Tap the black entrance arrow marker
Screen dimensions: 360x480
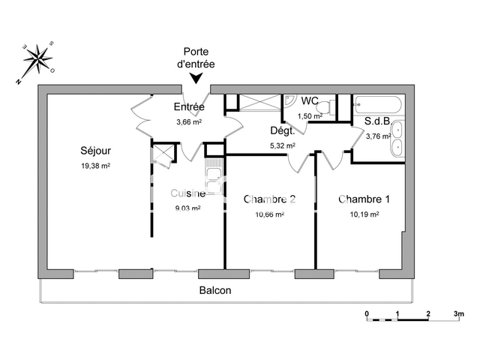coord(196,78)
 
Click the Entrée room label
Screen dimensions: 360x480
coord(189,106)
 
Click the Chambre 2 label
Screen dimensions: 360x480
coord(269,199)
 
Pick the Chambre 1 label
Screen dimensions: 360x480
coord(364,199)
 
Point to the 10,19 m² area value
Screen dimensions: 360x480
coord(364,214)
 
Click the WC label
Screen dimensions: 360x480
coord(310,101)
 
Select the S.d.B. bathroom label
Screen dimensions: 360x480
coord(379,121)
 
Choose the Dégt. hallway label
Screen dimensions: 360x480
coord(282,130)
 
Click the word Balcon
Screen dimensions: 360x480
coord(215,290)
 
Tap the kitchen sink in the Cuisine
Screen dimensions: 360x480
coord(214,181)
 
